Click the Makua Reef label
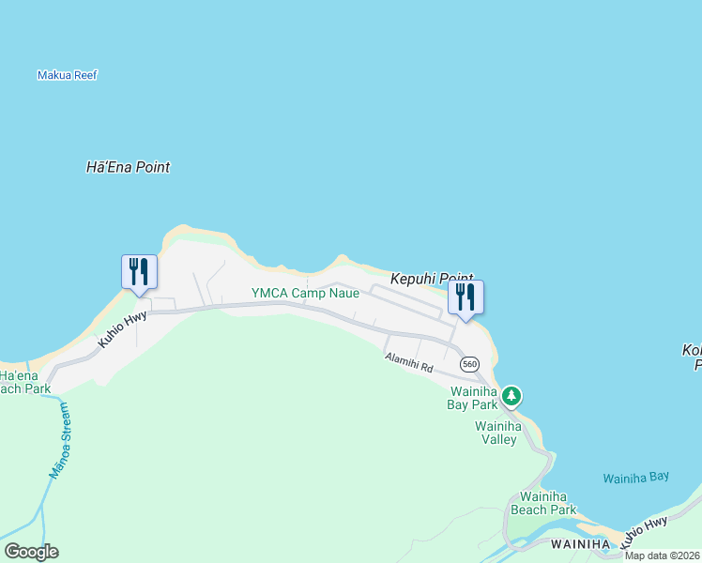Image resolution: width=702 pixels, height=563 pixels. click(x=67, y=75)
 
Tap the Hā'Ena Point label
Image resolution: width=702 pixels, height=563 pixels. click(x=128, y=168)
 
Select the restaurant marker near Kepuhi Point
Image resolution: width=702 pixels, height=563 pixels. click(x=465, y=298)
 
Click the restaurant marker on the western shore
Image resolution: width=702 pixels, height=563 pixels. click(x=139, y=273)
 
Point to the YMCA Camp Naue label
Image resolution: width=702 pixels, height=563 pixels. click(x=305, y=294)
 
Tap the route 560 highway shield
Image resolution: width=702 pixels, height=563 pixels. click(x=469, y=364)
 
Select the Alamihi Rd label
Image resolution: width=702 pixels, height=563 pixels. click(x=408, y=361)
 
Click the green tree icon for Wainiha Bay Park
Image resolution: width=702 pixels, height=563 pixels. click(x=511, y=396)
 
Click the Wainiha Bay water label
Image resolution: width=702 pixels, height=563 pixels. click(x=636, y=478)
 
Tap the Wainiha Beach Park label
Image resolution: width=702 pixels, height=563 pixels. click(x=543, y=503)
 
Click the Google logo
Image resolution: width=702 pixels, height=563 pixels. click(x=31, y=552)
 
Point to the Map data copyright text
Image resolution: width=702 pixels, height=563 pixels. click(x=662, y=555)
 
